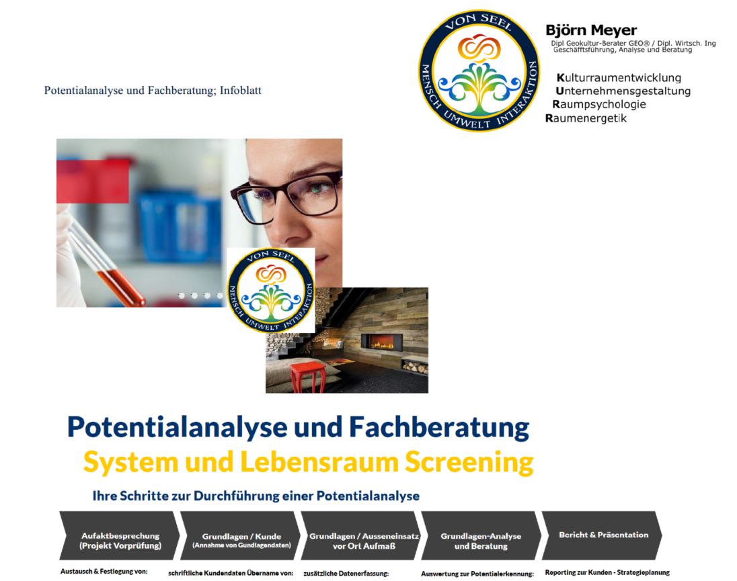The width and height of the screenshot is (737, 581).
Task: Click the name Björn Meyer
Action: point(591,30)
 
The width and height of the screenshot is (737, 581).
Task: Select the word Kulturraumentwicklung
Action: point(619,78)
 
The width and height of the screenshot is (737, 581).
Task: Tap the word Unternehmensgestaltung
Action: point(623,91)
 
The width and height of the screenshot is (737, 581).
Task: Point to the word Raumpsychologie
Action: point(598,104)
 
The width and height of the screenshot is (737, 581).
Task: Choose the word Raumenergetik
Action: point(586,118)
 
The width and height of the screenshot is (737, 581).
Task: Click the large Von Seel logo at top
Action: point(479,71)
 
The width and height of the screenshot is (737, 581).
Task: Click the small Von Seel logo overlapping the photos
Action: point(271,290)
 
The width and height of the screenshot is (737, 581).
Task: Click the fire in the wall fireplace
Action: point(382,343)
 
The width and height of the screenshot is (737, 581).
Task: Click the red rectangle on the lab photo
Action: point(93,181)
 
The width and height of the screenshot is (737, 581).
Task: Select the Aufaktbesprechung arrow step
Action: point(120,535)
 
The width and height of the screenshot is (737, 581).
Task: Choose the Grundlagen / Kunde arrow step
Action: point(240,535)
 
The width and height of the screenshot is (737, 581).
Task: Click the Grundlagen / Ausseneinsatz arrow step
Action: point(361,535)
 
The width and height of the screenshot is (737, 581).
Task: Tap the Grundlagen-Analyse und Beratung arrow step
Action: point(481,535)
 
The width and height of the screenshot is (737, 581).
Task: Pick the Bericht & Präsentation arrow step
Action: point(602,535)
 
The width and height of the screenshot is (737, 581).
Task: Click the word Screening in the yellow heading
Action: point(469,463)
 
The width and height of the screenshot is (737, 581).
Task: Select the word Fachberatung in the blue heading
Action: point(439,427)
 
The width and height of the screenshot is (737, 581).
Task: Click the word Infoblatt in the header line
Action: point(241,90)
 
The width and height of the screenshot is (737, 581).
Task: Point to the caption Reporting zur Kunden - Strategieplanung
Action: point(607,572)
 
